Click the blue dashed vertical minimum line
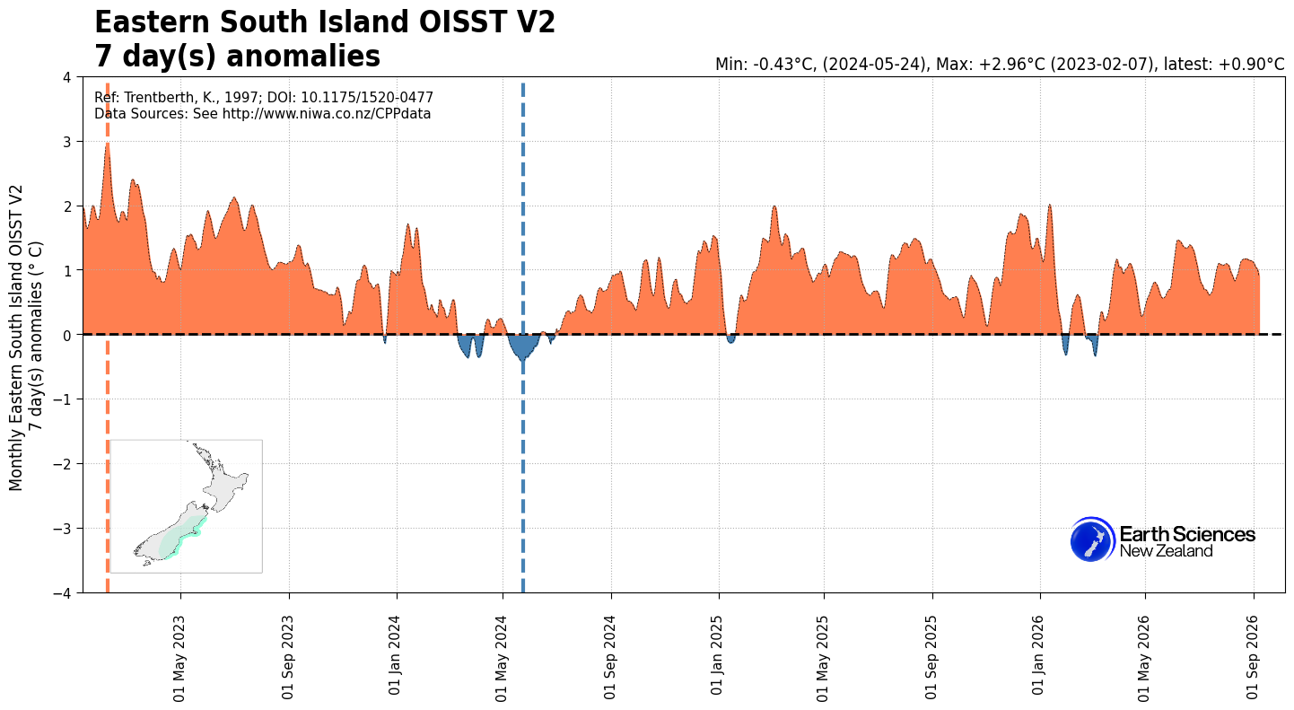pos(523,338)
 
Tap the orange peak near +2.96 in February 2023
pos(108,145)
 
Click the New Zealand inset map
pos(186,506)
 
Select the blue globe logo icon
pos(1092,539)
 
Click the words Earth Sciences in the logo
pos(1187,534)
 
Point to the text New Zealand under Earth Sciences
pos(1166,551)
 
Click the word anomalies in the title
pos(303,57)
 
